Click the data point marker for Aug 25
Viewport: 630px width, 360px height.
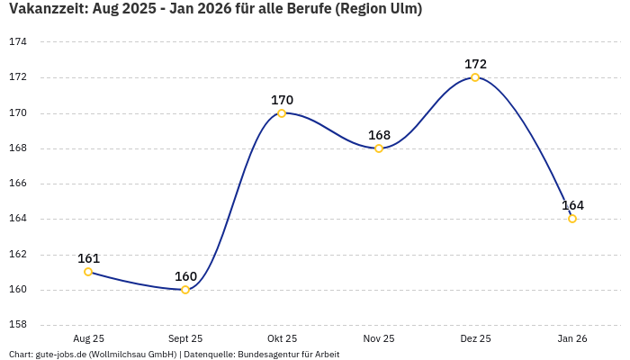click(88, 272)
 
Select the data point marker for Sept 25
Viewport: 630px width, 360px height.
click(185, 290)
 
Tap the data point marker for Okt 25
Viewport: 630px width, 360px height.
click(282, 113)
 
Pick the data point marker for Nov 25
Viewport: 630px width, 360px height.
click(379, 148)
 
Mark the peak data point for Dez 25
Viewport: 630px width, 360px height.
click(475, 77)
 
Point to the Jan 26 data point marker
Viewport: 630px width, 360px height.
click(572, 219)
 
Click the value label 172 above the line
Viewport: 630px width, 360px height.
click(475, 64)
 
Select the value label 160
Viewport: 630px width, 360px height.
click(185, 276)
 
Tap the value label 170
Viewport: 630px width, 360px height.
click(282, 100)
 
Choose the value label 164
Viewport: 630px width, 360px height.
click(572, 205)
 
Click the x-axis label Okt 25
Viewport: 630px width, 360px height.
click(282, 338)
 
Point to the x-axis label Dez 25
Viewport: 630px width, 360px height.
click(475, 338)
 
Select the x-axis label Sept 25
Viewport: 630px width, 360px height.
click(185, 338)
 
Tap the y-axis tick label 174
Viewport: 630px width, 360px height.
click(18, 42)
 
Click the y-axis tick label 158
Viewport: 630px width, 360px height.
click(18, 325)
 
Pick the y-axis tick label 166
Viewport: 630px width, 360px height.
click(18, 184)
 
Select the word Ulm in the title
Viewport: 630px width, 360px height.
click(401, 9)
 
